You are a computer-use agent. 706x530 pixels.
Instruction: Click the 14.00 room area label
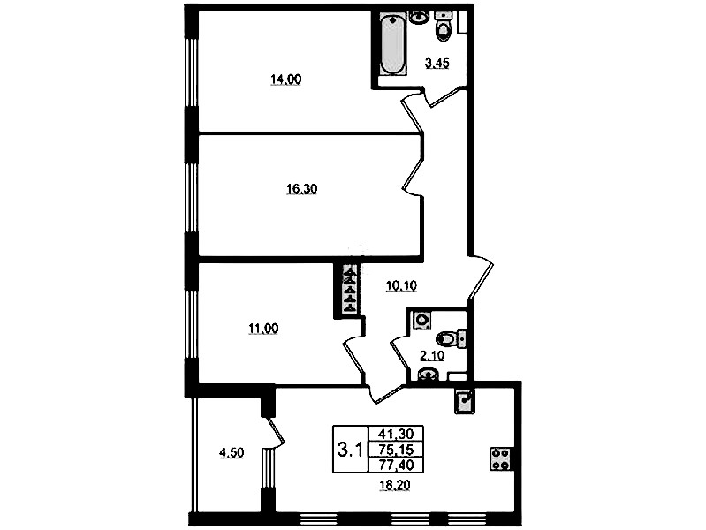(286, 79)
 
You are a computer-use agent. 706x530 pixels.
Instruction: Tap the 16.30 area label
(301, 189)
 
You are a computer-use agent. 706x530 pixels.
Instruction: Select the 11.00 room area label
(263, 329)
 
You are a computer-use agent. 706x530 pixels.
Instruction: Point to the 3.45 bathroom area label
(437, 64)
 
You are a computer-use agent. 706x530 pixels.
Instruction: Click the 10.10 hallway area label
(402, 285)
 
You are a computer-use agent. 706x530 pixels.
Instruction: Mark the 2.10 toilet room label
(432, 356)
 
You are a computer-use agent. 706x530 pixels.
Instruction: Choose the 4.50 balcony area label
(232, 452)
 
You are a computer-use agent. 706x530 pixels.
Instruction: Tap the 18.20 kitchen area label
(395, 486)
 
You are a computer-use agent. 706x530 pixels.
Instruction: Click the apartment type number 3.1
(350, 450)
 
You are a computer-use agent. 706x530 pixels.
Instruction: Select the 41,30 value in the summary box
(396, 434)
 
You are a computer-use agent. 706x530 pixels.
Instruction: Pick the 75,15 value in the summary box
(396, 449)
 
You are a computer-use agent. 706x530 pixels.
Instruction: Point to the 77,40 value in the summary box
(396, 465)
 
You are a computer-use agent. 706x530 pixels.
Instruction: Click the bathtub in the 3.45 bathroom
(393, 43)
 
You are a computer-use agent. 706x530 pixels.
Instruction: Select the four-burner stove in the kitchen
(500, 458)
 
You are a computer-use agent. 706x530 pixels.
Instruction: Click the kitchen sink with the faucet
(465, 402)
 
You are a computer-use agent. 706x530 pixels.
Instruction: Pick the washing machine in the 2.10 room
(421, 320)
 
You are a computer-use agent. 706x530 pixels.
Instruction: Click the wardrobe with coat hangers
(350, 289)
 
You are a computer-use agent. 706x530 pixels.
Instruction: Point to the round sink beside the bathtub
(419, 17)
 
